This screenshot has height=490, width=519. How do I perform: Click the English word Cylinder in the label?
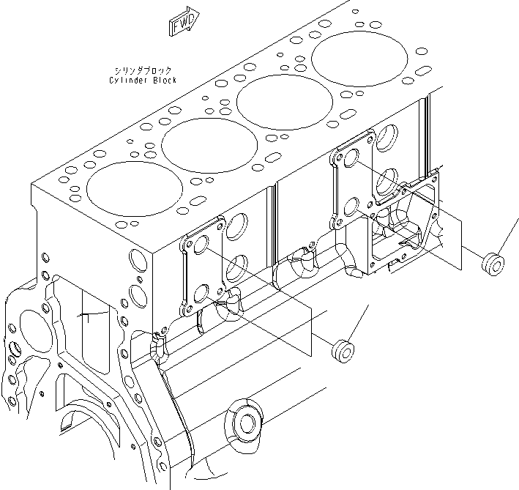[x=125, y=81]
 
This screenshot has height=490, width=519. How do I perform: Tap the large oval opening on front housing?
[x=31, y=327]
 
